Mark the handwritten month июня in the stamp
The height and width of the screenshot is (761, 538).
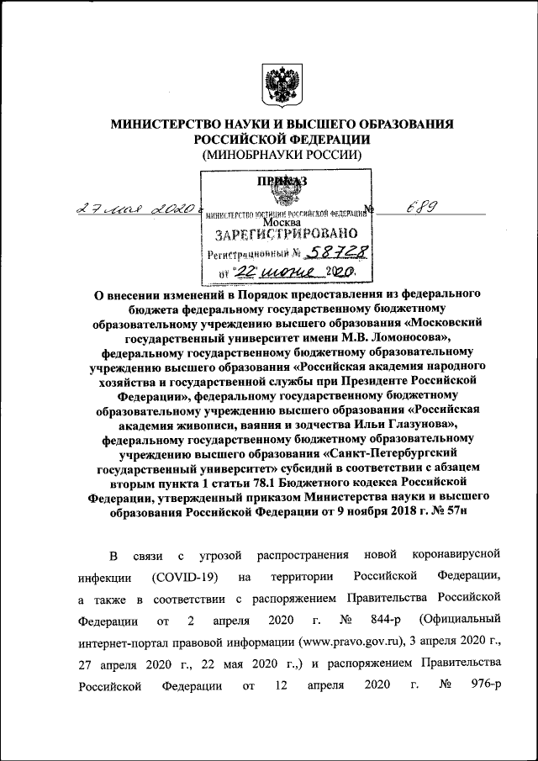(287, 272)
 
